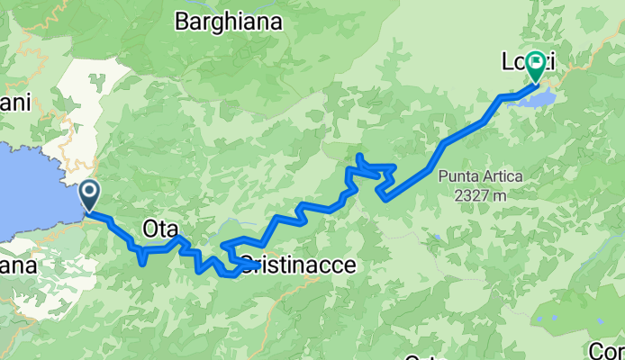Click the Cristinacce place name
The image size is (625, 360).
293,266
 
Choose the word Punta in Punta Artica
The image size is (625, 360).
457,176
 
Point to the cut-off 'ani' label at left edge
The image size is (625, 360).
15,103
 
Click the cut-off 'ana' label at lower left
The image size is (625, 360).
18,267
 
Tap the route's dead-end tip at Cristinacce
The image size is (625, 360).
258,265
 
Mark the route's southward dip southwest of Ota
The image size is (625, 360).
142,260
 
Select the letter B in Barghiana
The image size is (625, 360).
182,20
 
